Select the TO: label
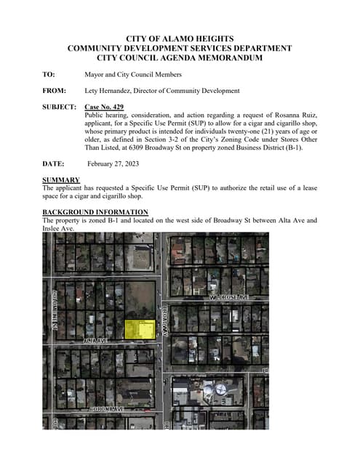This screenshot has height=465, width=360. [x=49, y=74]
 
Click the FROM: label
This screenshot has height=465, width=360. [x=55, y=91]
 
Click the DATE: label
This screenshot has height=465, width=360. [x=54, y=164]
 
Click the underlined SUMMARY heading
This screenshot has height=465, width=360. [x=61, y=179]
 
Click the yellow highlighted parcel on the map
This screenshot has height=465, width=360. [x=140, y=329]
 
